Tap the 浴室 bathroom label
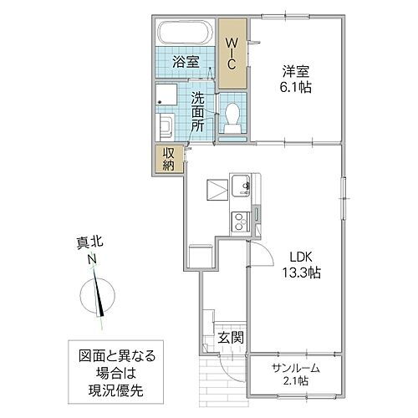tap(185, 61)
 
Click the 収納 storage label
tap(167, 159)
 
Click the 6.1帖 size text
tap(295, 86)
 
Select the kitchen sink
tap(242, 186)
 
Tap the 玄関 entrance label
tap(231, 339)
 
